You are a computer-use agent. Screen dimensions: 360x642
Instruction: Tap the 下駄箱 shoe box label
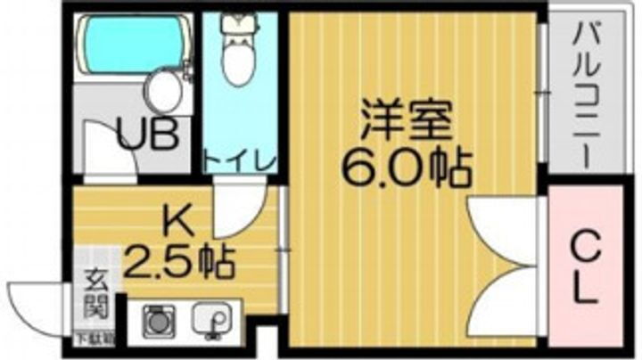[x=91, y=337]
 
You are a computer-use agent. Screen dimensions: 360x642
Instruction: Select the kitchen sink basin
[x=213, y=318]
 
